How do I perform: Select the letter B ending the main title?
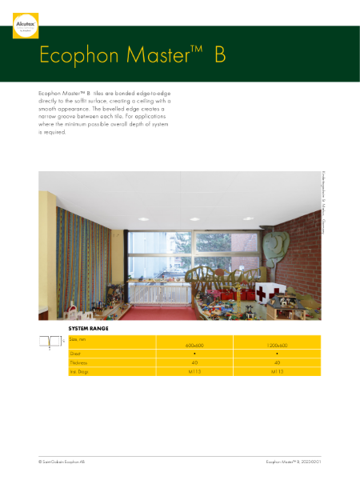(x=220, y=56)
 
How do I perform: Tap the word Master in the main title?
(x=160, y=56)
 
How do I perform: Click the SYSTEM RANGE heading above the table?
(x=89, y=329)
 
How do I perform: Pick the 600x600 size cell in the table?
(x=196, y=345)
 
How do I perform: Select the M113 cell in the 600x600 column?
(x=196, y=371)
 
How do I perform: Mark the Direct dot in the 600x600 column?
(x=196, y=354)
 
